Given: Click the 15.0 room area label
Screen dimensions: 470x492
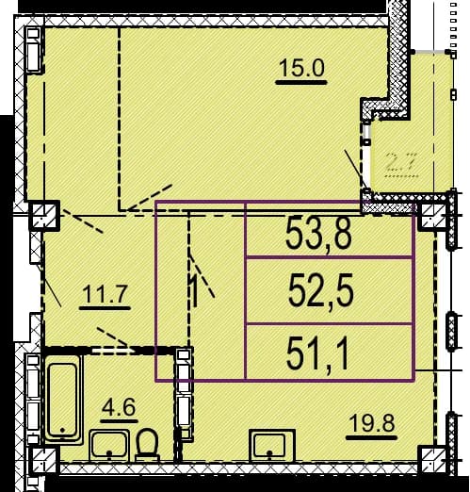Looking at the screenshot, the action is pyautogui.click(x=301, y=68).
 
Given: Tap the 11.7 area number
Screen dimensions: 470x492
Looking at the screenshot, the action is pyautogui.click(x=105, y=295).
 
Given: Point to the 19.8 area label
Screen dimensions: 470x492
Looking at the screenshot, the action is pyautogui.click(x=372, y=423).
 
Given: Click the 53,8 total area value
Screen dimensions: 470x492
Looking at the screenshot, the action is pyautogui.click(x=318, y=233).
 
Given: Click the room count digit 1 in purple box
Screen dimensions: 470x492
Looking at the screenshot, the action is pyautogui.click(x=195, y=290).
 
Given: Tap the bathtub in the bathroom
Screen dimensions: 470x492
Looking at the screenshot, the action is pyautogui.click(x=63, y=398).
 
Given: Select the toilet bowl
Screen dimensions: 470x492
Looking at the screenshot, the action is pyautogui.click(x=146, y=445).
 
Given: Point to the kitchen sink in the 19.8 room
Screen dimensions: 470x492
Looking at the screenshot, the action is pyautogui.click(x=272, y=446).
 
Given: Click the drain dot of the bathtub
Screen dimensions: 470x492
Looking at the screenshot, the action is pyautogui.click(x=62, y=429).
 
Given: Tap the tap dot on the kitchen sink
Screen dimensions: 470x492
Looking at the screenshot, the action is pyautogui.click(x=269, y=452).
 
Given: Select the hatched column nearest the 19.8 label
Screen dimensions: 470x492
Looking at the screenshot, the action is pyautogui.click(x=432, y=459).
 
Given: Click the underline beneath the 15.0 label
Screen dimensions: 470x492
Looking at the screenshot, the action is pyautogui.click(x=301, y=83).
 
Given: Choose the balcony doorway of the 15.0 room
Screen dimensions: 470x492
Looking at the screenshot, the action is pyautogui.click(x=366, y=157).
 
